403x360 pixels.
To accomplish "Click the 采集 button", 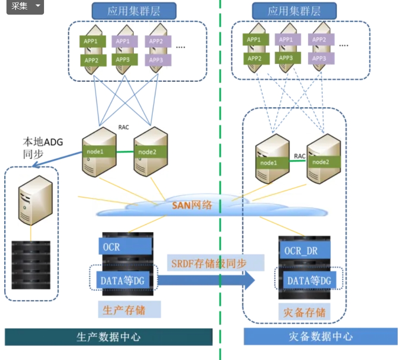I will coord(25,6).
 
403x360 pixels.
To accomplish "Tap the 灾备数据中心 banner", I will coord(321,337).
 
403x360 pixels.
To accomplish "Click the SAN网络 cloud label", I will coord(192,205).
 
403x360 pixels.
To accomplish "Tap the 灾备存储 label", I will coord(305,312).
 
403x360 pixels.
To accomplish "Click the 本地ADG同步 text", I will coord(43,148).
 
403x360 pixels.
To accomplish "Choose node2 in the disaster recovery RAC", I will coord(324,162).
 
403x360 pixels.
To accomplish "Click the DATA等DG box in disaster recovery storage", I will coord(309,281).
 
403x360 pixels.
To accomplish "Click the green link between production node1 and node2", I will coord(125,151).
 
